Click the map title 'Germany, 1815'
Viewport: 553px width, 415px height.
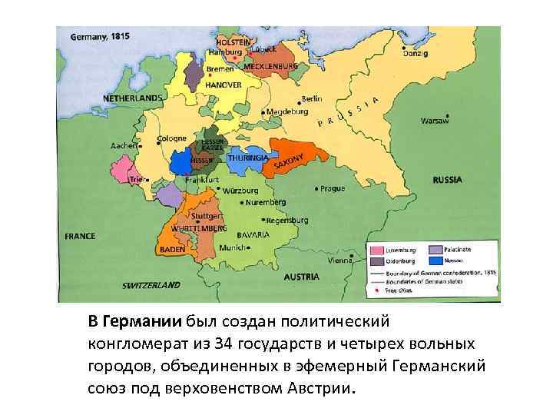pos(101,36)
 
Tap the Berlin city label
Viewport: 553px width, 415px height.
pos(311,99)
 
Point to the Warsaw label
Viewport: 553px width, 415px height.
pos(434,121)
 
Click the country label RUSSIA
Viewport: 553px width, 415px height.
pos(447,180)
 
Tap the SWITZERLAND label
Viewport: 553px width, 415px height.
pos(151,284)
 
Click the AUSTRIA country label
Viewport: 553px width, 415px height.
pos(301,276)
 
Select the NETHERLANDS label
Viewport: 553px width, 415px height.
pos(133,98)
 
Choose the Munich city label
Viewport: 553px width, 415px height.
pos(231,247)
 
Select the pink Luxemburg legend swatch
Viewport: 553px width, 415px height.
pos(376,251)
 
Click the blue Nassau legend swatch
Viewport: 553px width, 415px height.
pos(435,261)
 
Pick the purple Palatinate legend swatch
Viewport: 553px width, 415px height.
pos(435,251)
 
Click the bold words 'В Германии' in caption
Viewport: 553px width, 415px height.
pos(134,320)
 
